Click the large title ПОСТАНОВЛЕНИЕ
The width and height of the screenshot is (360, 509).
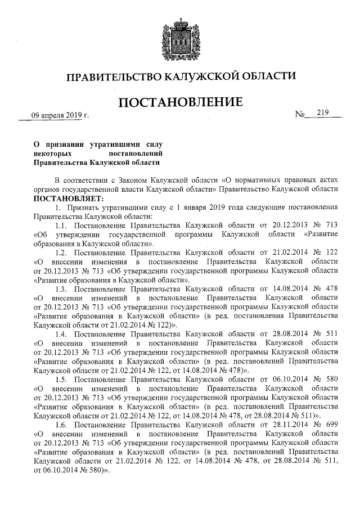[180, 103]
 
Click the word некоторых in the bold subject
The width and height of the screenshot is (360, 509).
[51, 152]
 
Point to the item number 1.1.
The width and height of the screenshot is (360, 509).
[62, 226]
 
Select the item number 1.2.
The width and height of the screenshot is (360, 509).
[62, 253]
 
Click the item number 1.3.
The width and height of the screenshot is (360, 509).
[62, 289]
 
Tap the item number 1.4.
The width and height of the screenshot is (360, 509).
[62, 334]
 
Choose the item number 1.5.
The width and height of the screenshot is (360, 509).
[62, 379]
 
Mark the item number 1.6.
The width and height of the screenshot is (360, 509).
[62, 424]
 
